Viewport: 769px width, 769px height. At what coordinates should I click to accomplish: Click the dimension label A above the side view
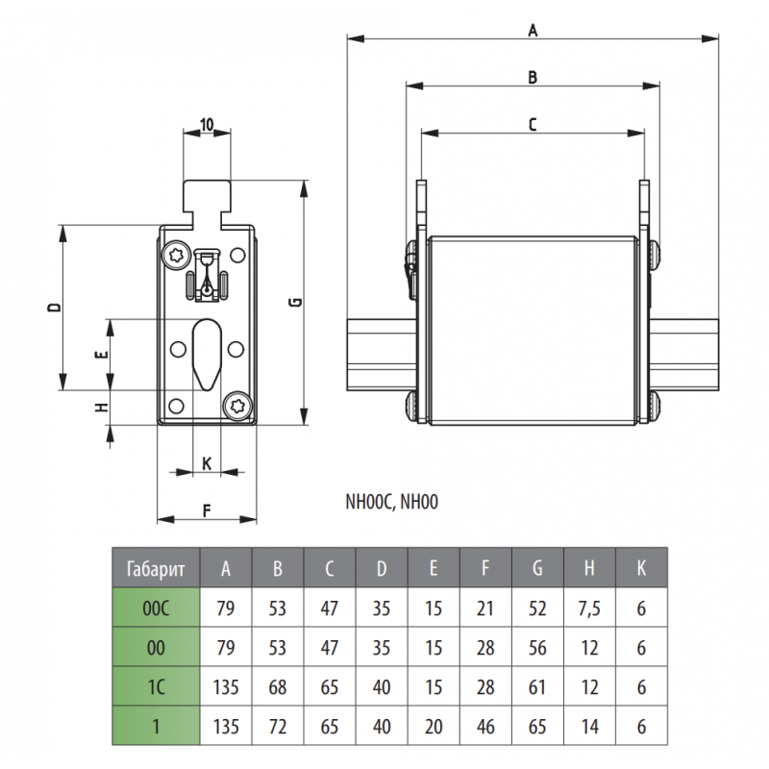coord(532,30)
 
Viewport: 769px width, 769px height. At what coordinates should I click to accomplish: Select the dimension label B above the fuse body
coord(532,77)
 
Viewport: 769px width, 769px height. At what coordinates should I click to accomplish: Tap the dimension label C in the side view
coord(532,123)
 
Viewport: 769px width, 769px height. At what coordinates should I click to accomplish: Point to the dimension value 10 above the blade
coord(207,124)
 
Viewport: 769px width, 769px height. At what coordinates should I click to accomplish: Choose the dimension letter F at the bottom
coord(207,510)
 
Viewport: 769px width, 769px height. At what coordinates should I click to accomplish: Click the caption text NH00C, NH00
coord(392,501)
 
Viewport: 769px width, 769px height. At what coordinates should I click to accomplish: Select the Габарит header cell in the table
coord(156,568)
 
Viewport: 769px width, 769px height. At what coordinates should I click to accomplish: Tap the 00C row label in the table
coord(156,608)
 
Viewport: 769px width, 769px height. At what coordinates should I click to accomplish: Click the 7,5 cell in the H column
coord(589,608)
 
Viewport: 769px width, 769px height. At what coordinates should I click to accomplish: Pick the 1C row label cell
coord(156,686)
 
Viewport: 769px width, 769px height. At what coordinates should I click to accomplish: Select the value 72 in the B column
coord(278,726)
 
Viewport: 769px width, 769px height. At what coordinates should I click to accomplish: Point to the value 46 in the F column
coord(485,726)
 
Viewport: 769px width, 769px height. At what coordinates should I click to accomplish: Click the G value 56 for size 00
coord(537,647)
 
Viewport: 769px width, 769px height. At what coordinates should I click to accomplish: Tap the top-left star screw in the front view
coord(176,256)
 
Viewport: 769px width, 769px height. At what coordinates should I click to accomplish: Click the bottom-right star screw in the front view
coord(237,406)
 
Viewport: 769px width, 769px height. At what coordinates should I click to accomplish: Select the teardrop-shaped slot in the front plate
coord(207,354)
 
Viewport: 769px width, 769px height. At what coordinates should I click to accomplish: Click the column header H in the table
coord(589,568)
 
